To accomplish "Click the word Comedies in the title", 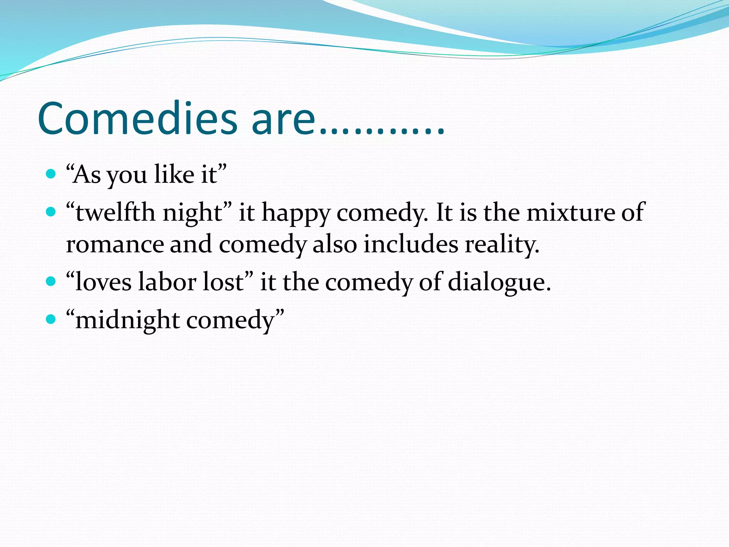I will pos(137,118).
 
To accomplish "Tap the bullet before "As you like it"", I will pos(51,174).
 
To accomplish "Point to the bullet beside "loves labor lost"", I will pos(51,282).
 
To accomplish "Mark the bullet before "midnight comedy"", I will pos(51,319).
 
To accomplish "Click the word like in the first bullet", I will pos(174,174).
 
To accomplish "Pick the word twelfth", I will pos(115,213).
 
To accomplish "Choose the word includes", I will pos(411,244).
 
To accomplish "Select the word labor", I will pos(167,282).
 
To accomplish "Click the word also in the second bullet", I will pos(335,244).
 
